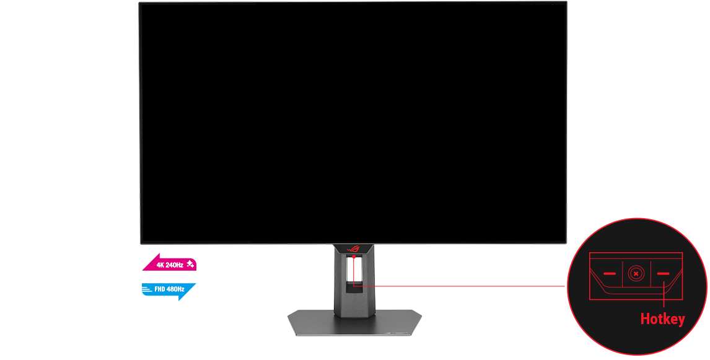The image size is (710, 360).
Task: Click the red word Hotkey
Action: click(662, 318)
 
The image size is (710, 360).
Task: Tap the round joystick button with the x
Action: click(636, 273)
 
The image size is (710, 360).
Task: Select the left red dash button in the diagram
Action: click(610, 273)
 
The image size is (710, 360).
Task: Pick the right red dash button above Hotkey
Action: click(663, 273)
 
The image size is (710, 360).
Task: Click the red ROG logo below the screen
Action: click(353, 248)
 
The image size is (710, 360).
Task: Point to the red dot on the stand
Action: click(353, 257)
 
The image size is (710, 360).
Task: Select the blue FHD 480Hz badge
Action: click(169, 290)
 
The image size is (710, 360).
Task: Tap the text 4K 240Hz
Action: click(170, 265)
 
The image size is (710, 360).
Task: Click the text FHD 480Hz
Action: click(169, 289)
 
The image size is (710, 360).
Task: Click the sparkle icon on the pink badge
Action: click(190, 264)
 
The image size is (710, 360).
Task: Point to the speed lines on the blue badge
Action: click(146, 289)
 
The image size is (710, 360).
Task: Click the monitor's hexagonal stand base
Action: click(354, 323)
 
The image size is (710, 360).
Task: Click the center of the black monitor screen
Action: click(353, 123)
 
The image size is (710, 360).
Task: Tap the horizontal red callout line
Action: click(459, 286)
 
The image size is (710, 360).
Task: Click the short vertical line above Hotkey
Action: click(664, 296)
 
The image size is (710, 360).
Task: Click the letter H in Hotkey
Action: click(644, 318)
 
